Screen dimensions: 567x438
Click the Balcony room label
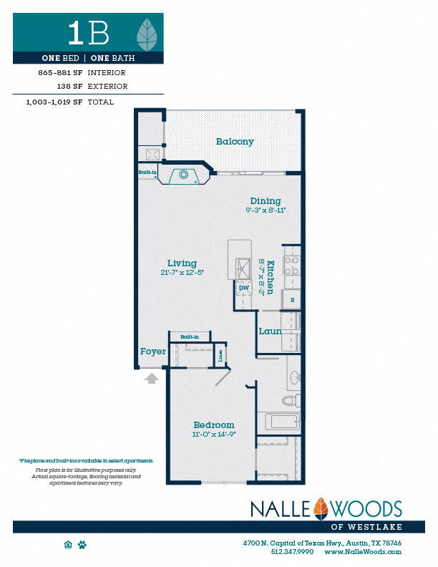pyautogui.click(x=235, y=142)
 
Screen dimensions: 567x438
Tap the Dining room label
pyautogui.click(x=265, y=201)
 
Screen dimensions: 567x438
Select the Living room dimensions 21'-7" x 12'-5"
pyautogui.click(x=182, y=273)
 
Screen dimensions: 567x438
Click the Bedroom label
pyautogui.click(x=214, y=425)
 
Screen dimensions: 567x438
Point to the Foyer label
pyautogui.click(x=153, y=352)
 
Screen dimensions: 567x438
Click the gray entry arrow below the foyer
pyautogui.click(x=152, y=378)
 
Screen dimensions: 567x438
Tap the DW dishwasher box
pyautogui.click(x=243, y=289)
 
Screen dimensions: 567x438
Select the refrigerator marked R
pyautogui.click(x=291, y=300)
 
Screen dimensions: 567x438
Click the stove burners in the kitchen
pyautogui.click(x=291, y=266)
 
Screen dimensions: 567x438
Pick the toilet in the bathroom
pyautogui.click(x=291, y=400)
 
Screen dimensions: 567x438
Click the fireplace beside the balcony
pyautogui.click(x=184, y=174)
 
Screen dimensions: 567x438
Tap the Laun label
pyautogui.click(x=270, y=331)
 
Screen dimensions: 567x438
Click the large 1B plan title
pyautogui.click(x=89, y=32)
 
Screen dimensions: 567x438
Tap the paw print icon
pyautogui.click(x=82, y=545)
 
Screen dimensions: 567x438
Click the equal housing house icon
pyautogui.click(x=69, y=545)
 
